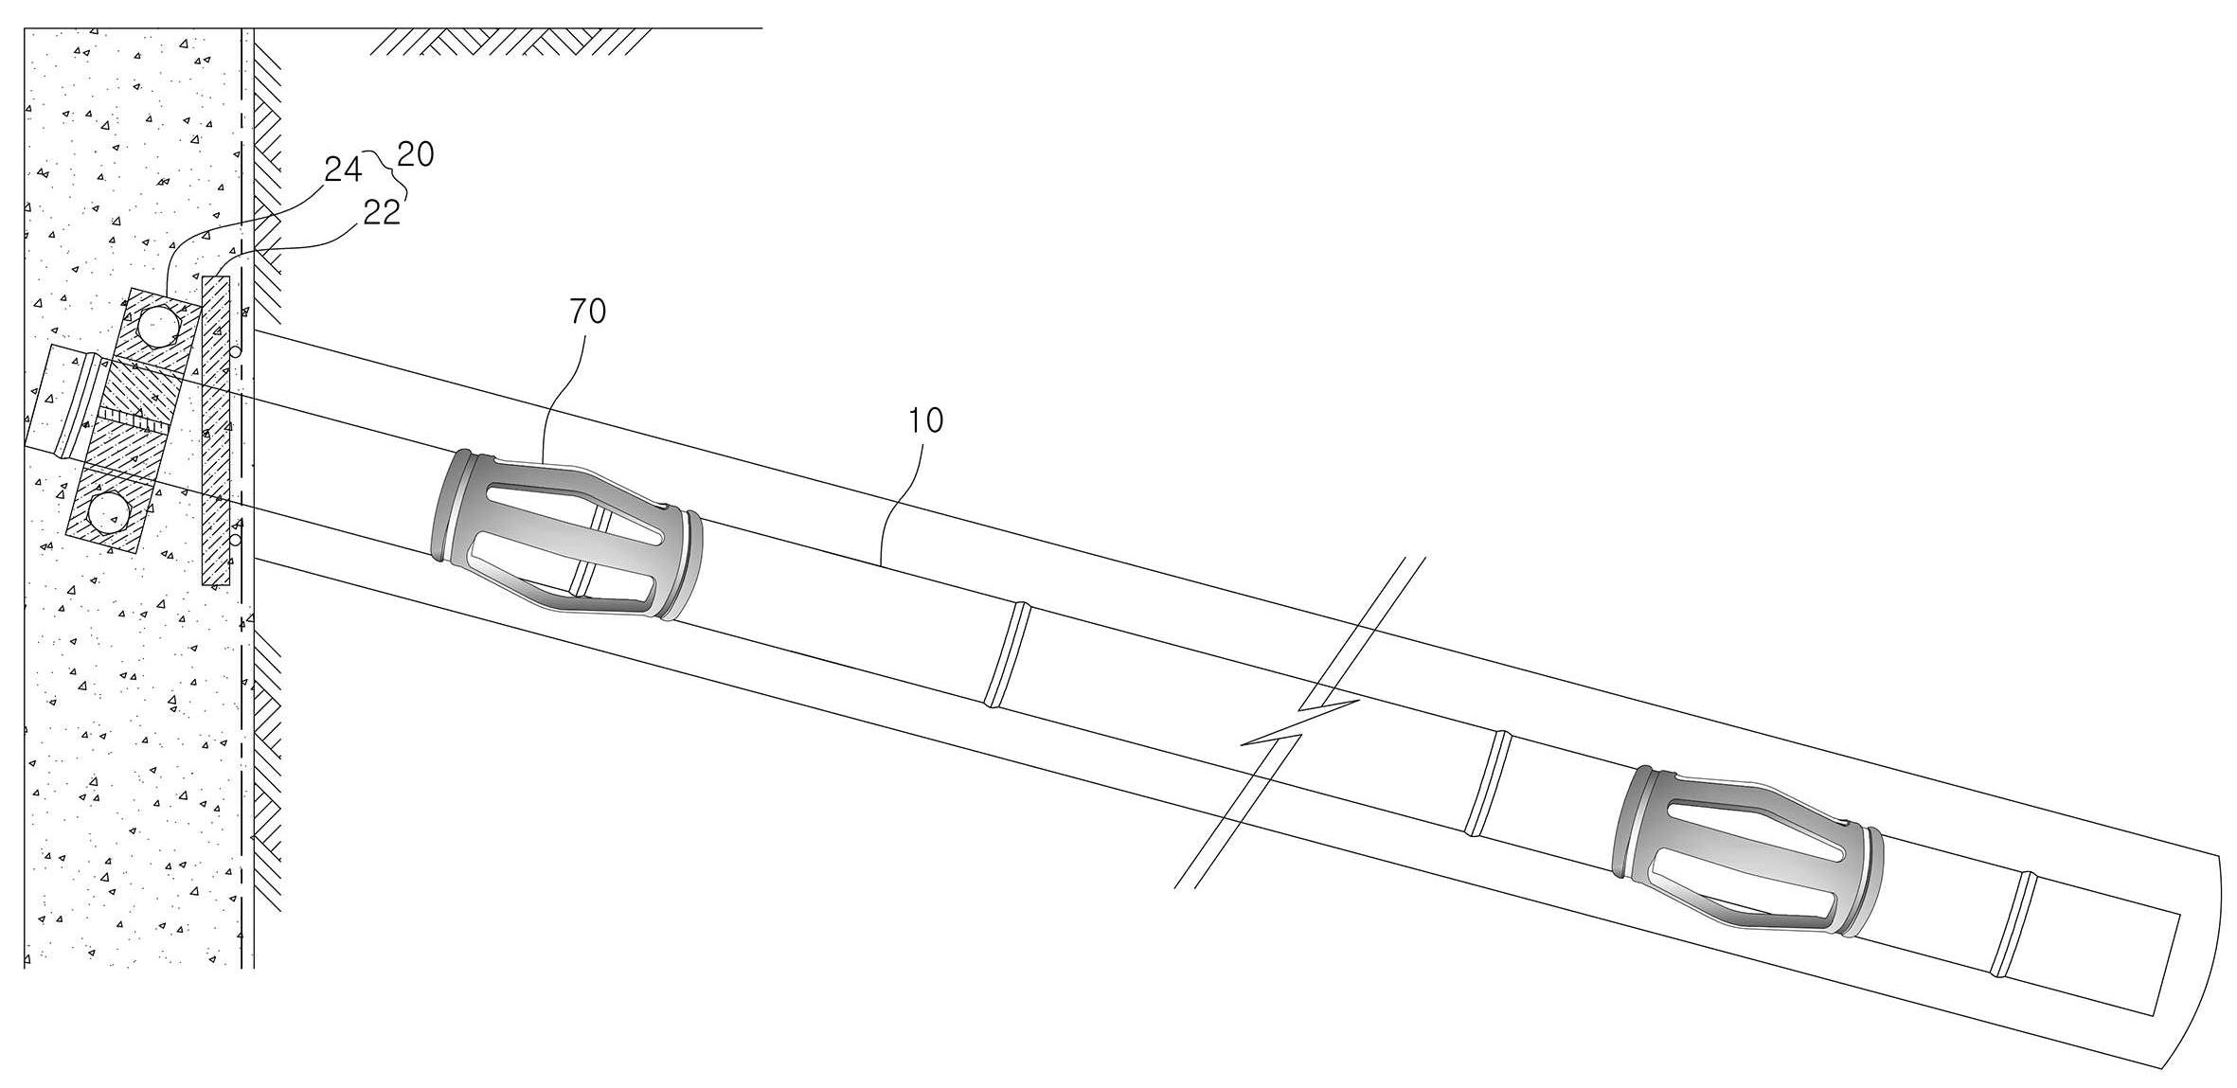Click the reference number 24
tap(343, 169)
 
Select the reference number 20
tap(416, 153)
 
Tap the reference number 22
tap(382, 213)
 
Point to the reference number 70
tap(587, 311)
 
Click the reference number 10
tap(925, 420)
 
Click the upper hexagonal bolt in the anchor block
tap(157, 328)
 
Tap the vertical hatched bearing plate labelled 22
tap(217, 431)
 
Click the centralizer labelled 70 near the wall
tap(566, 535)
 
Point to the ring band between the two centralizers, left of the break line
tap(1007, 654)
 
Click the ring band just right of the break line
tap(1486, 783)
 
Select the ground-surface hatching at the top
tap(511, 42)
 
